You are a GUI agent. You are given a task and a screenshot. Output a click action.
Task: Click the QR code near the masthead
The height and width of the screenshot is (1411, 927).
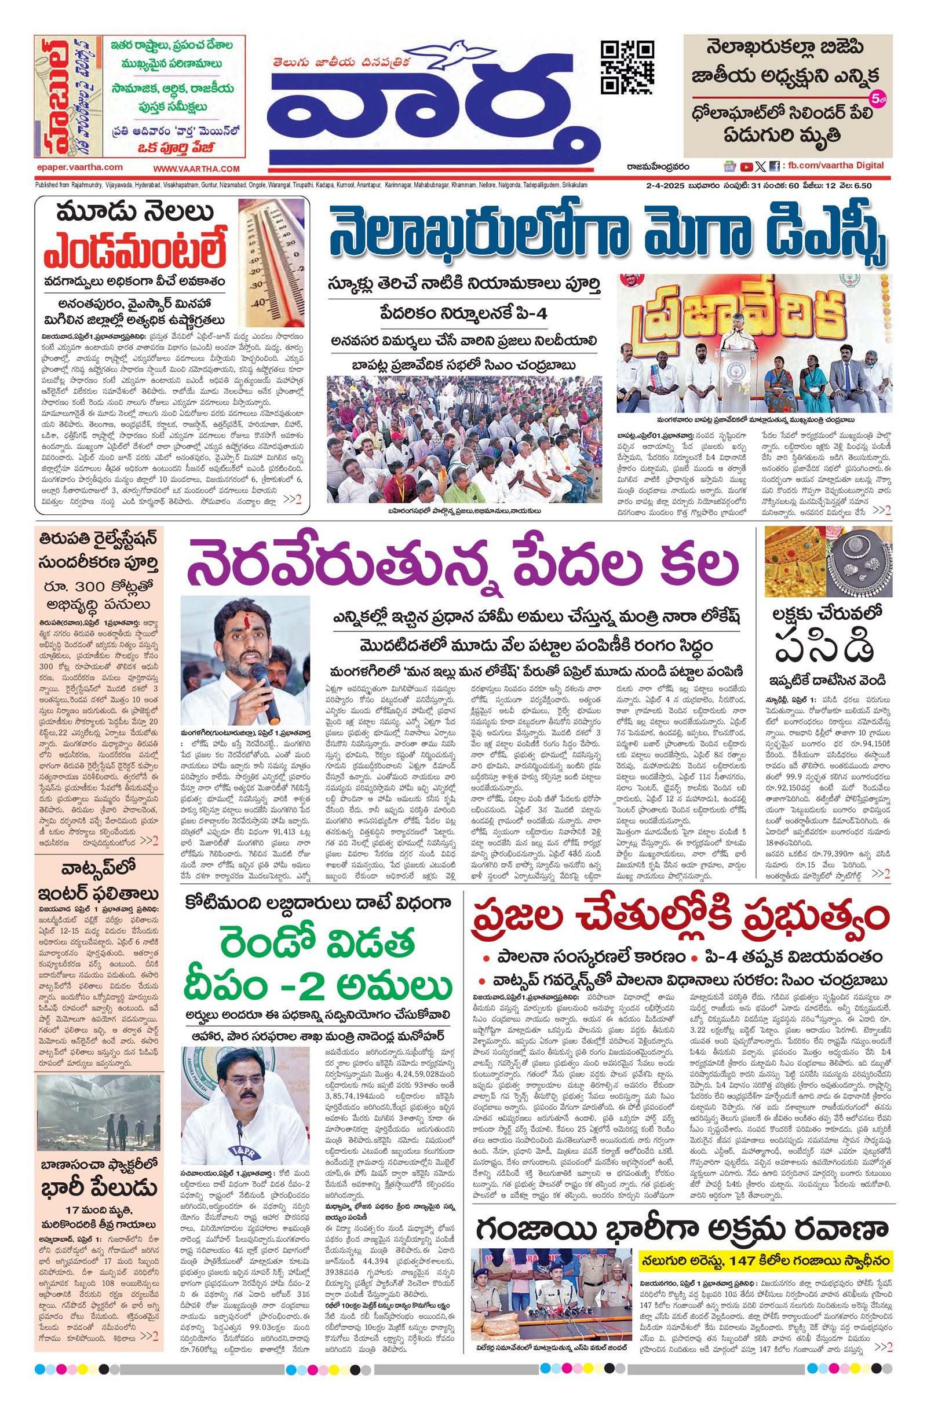[x=627, y=67]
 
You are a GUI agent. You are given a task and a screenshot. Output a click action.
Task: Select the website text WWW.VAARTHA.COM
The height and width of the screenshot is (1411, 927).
[x=196, y=169]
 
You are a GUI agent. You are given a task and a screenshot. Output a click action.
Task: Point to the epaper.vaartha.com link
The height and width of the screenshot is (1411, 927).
[x=79, y=168]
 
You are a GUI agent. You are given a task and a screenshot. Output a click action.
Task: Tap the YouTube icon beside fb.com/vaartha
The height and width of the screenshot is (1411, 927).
[x=746, y=167]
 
